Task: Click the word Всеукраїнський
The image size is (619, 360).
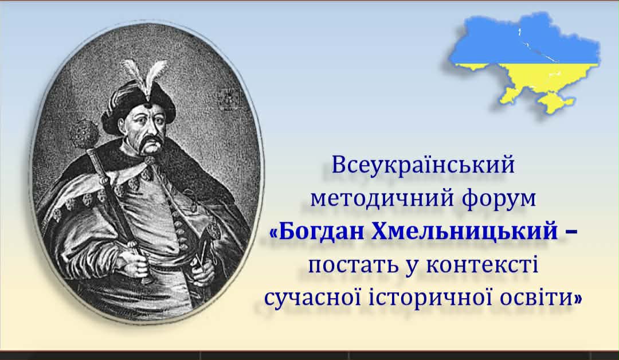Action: click(423, 165)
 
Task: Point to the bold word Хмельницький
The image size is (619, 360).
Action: click(465, 232)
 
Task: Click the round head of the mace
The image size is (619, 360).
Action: click(84, 134)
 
